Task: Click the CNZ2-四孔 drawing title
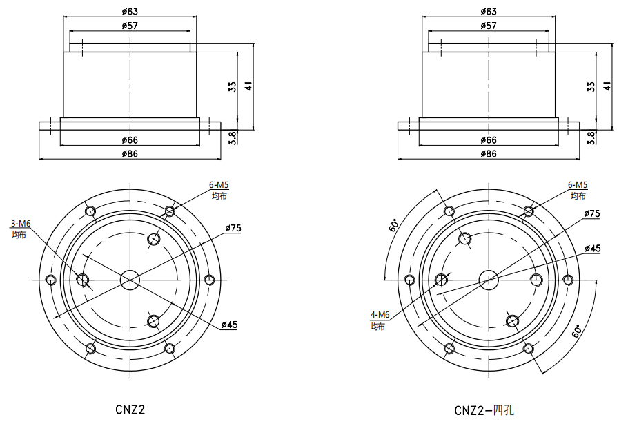pyautogui.click(x=484, y=410)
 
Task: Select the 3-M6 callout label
pyautogui.click(x=21, y=224)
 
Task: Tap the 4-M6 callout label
pyautogui.click(x=380, y=315)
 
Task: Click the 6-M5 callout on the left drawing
pyautogui.click(x=219, y=185)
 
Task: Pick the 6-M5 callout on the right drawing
pyautogui.click(x=578, y=185)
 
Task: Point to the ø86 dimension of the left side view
pyautogui.click(x=130, y=153)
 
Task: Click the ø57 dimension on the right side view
pyautogui.click(x=488, y=26)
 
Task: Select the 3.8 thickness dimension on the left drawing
pyautogui.click(x=233, y=137)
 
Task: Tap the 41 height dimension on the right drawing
pyautogui.click(x=607, y=86)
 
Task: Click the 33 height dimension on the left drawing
pyautogui.click(x=233, y=86)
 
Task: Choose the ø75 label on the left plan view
pyautogui.click(x=233, y=228)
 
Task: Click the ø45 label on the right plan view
pyautogui.click(x=592, y=248)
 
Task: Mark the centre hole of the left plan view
pyautogui.click(x=130, y=279)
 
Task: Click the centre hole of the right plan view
pyautogui.click(x=489, y=279)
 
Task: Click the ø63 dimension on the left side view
pyautogui.click(x=130, y=11)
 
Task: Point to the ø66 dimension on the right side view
pyautogui.click(x=488, y=140)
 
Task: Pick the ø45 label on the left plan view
pyautogui.click(x=230, y=325)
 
